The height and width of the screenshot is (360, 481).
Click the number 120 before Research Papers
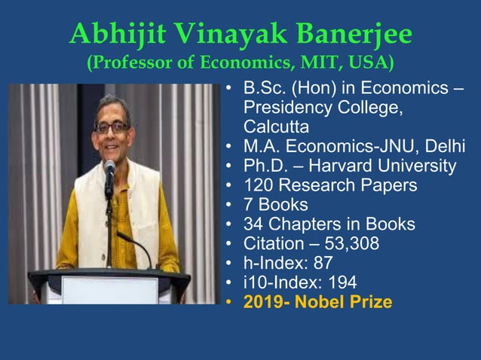click(x=259, y=185)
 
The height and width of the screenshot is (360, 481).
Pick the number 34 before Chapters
click(x=253, y=224)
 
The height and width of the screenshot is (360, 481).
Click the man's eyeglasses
click(x=111, y=128)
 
